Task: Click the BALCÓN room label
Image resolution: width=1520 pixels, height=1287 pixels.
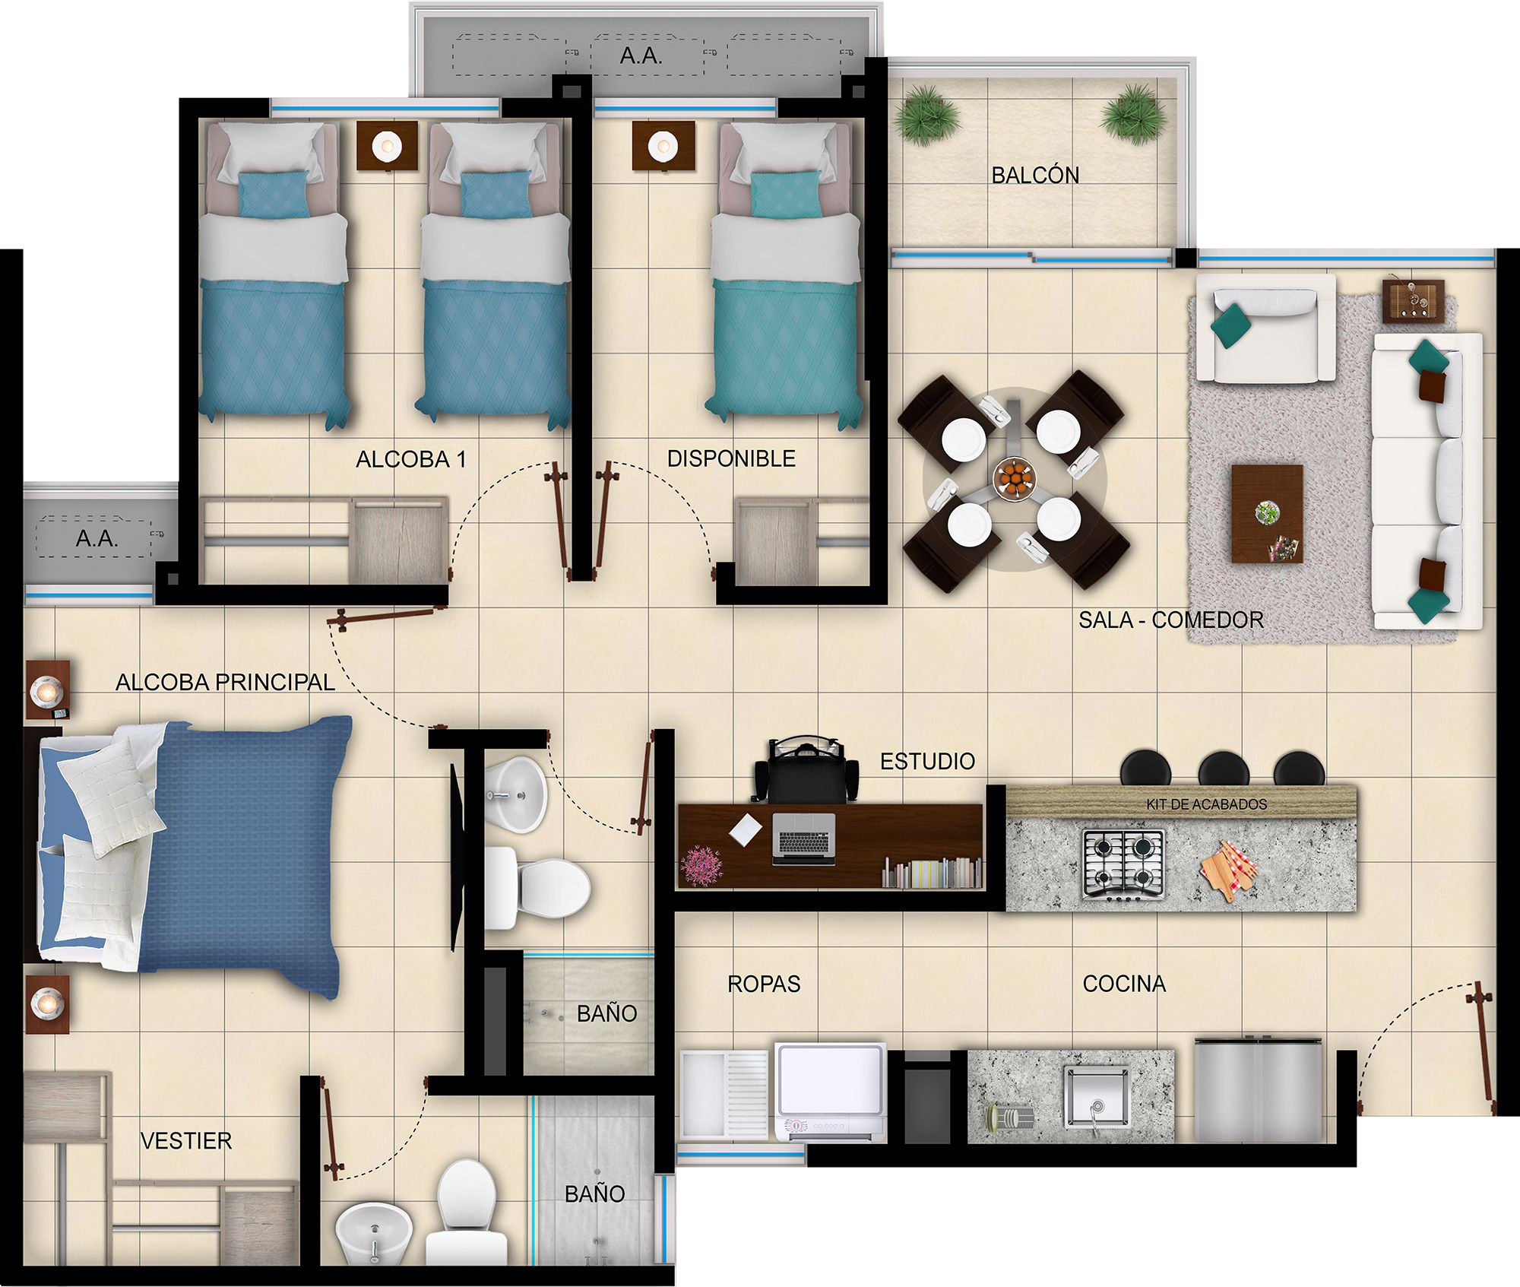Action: point(1034,176)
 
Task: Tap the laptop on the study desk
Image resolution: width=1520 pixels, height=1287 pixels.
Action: point(803,838)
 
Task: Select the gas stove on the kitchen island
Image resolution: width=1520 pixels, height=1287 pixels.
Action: point(1123,864)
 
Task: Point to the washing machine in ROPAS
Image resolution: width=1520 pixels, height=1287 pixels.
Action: point(831,1092)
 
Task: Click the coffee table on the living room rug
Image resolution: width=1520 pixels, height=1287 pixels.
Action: point(1267,514)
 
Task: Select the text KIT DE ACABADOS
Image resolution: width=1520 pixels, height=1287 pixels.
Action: point(1206,804)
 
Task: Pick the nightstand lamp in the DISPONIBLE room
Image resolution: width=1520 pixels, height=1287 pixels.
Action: point(663,146)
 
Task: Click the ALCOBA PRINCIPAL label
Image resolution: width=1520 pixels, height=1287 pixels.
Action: point(225,682)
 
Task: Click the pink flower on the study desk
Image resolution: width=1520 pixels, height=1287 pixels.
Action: point(701,864)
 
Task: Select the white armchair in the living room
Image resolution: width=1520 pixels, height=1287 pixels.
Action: point(1265,328)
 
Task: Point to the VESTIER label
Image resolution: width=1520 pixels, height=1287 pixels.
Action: point(186,1141)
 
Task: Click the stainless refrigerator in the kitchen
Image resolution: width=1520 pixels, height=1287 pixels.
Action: point(1258,1089)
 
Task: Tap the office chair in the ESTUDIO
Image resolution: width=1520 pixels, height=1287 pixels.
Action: point(807,769)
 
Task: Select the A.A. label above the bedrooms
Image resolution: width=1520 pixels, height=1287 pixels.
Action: point(641,55)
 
